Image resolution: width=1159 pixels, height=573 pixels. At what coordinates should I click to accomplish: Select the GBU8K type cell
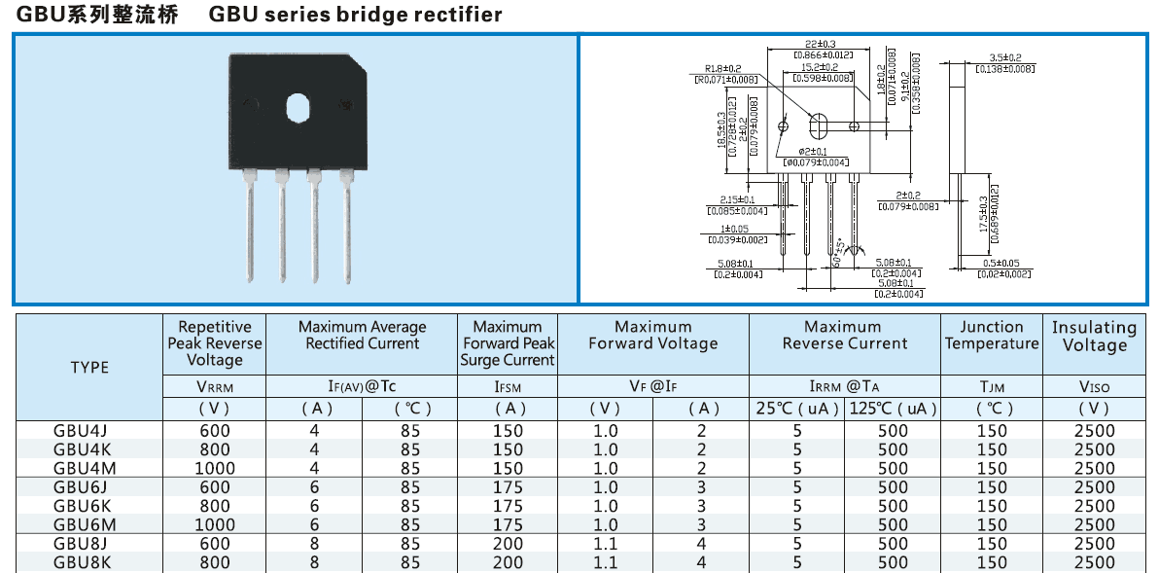coord(82,562)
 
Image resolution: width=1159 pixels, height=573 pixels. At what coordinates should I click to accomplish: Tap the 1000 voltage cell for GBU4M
coord(215,468)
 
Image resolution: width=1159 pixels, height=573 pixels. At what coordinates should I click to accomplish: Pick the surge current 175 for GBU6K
coord(508,506)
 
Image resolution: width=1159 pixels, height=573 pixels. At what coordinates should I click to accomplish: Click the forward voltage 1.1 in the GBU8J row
coord(605,544)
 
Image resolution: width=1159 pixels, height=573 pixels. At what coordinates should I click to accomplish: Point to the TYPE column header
coord(89,367)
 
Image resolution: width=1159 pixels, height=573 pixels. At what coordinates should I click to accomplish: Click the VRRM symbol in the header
coord(215,386)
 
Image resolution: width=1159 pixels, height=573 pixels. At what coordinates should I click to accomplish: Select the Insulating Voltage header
coord(1094,337)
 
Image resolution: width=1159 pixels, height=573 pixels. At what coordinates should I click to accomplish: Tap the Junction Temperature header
coord(992,336)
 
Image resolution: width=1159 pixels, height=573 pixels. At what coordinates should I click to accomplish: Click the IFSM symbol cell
coord(508,386)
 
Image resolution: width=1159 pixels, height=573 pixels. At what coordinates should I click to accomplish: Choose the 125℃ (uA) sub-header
coord(893,409)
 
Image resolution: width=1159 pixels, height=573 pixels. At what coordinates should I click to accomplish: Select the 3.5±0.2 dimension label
coord(1004,58)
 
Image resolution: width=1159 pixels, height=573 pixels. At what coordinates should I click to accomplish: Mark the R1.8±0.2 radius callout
coord(723,69)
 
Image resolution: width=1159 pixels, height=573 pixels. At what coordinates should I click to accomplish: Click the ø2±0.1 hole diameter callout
coord(813,152)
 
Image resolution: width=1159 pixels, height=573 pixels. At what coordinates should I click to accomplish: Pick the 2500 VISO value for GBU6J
coord(1094,487)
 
